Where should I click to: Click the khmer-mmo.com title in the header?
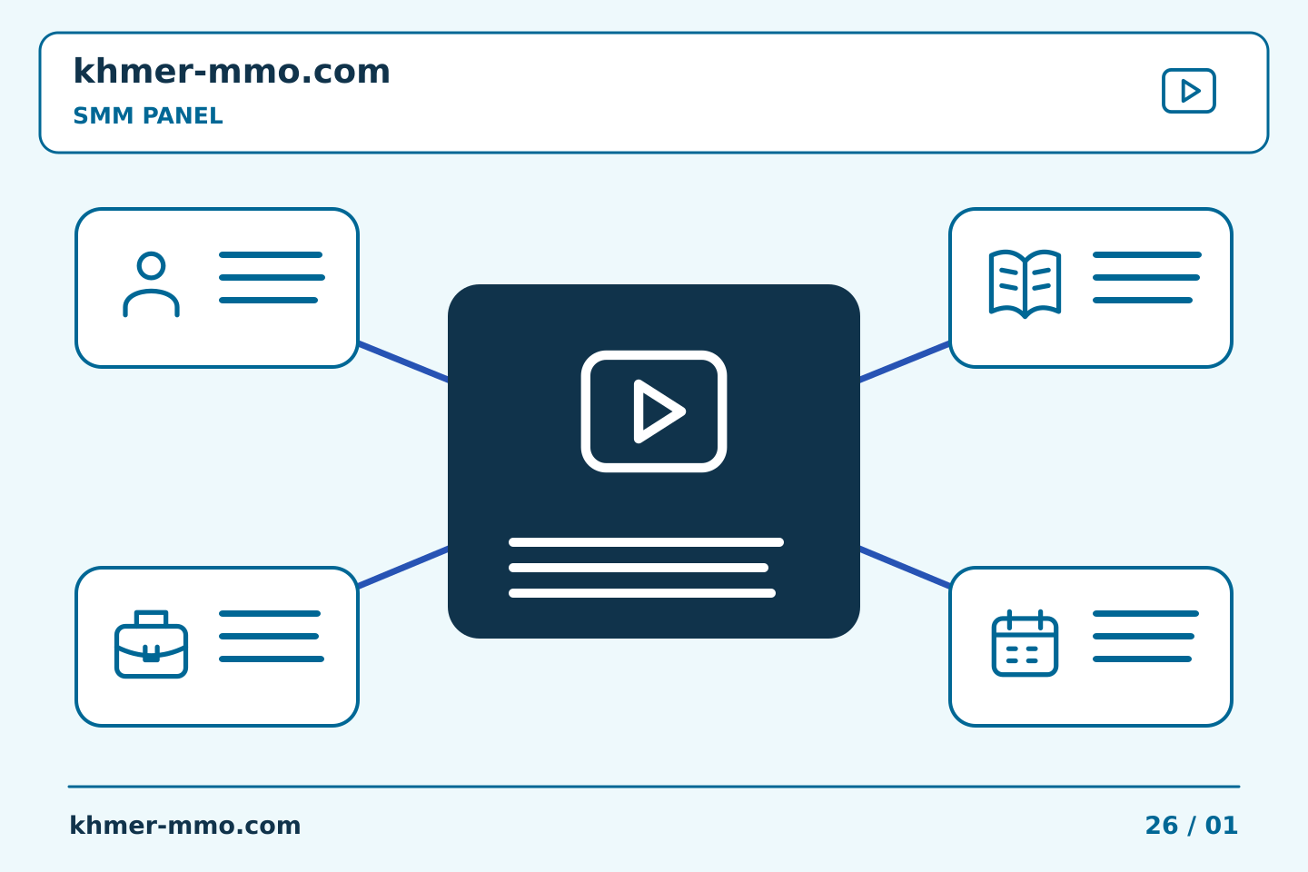tap(232, 71)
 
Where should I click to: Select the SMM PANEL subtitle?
tap(148, 115)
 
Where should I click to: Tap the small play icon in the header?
tap(1188, 91)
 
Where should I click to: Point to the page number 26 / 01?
tap(1191, 826)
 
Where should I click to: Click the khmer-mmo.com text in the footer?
tap(184, 826)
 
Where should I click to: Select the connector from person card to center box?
tap(403, 362)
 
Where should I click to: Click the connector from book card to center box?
tap(905, 362)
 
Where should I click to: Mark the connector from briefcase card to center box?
tap(403, 567)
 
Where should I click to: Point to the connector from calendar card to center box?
tap(905, 567)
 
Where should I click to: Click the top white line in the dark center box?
tap(646, 542)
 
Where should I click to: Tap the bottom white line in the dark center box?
tap(641, 593)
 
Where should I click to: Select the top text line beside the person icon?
tap(271, 254)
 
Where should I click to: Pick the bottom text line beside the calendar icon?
tap(1142, 659)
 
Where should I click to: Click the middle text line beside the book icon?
tap(1145, 277)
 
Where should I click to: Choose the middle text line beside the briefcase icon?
tap(269, 636)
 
